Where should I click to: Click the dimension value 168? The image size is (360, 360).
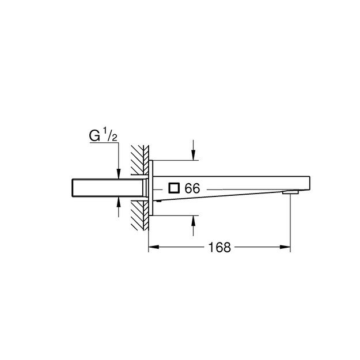tap(219, 248)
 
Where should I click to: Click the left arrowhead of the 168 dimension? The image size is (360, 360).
tap(153, 248)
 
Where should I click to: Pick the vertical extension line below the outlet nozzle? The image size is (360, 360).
tap(290, 225)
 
